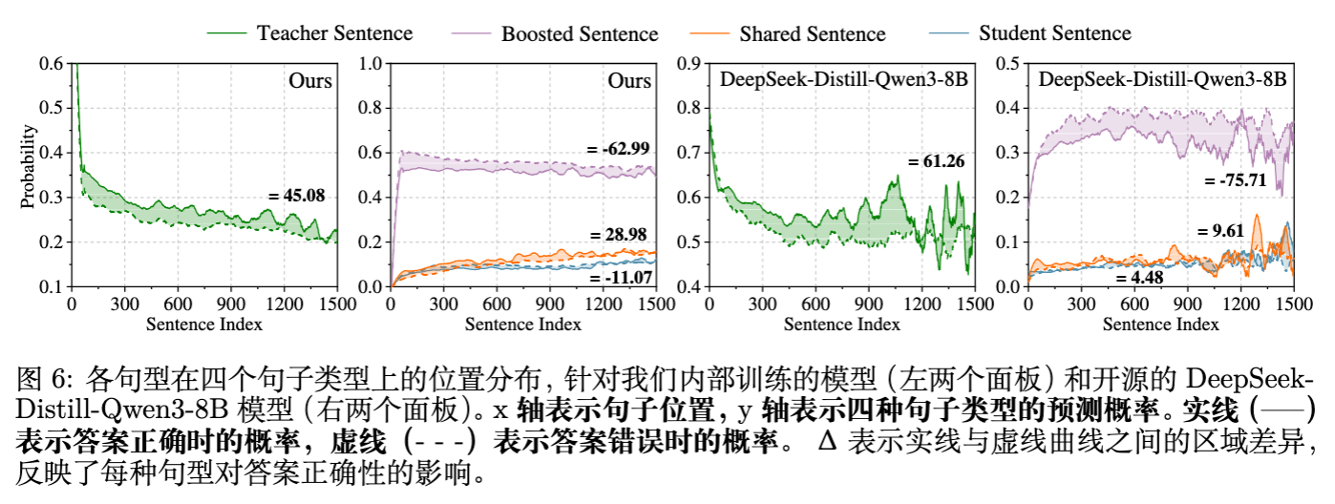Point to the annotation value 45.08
point(297,196)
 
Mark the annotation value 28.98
point(619,235)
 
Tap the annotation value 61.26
point(936,161)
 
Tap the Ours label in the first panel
point(310,80)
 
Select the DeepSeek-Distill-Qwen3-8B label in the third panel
point(843,80)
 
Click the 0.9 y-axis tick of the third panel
point(689,63)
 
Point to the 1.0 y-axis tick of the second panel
point(370,63)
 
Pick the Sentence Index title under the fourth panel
point(1159,325)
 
